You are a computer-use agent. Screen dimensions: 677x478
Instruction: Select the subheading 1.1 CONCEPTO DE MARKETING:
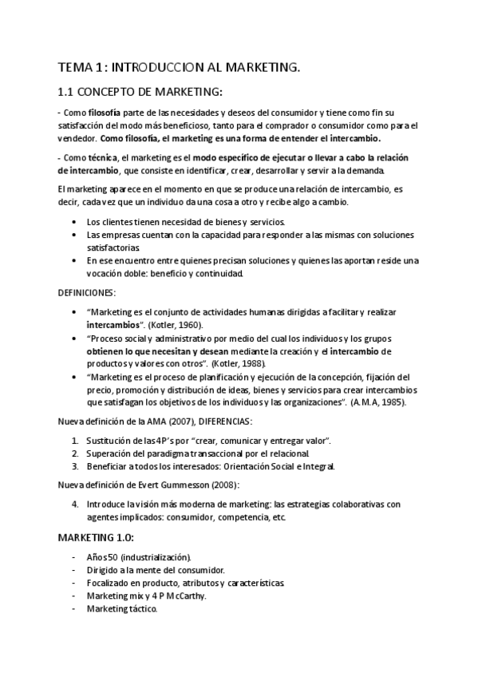(140, 92)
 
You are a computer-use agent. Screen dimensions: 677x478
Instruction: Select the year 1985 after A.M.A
(392, 402)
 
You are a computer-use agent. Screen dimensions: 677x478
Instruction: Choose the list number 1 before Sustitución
(75, 440)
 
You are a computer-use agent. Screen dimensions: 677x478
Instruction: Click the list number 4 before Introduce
(75, 504)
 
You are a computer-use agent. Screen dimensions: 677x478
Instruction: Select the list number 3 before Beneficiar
(75, 465)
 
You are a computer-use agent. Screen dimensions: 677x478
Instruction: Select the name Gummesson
(164, 485)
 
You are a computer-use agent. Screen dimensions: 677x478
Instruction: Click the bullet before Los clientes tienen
(75, 222)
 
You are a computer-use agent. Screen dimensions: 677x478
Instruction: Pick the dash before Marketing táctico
(73, 608)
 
